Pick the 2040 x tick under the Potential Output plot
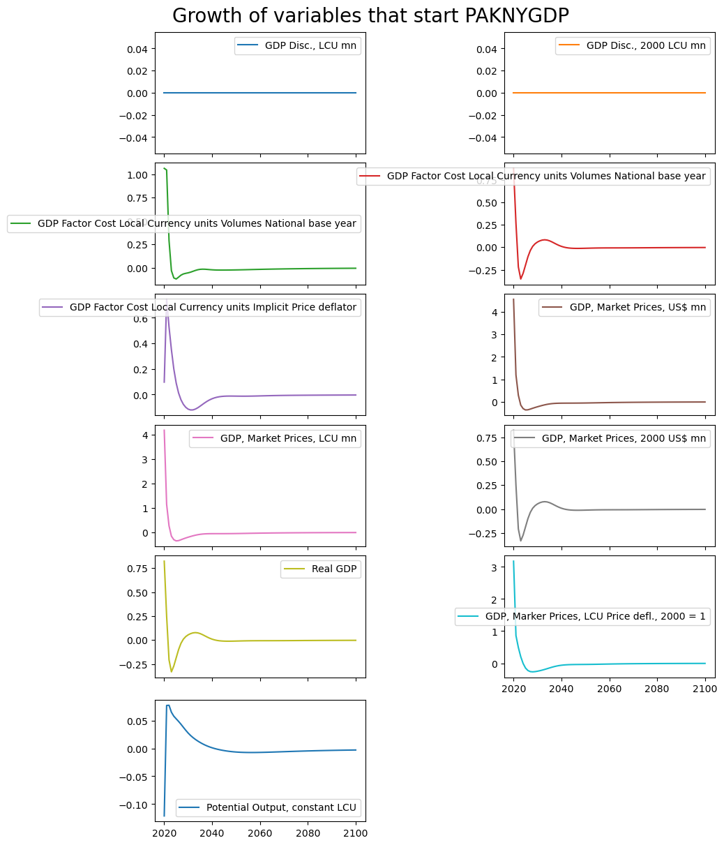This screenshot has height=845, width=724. [x=212, y=833]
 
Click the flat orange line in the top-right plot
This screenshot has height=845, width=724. [x=609, y=93]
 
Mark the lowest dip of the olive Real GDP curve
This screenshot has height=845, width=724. [x=172, y=672]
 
